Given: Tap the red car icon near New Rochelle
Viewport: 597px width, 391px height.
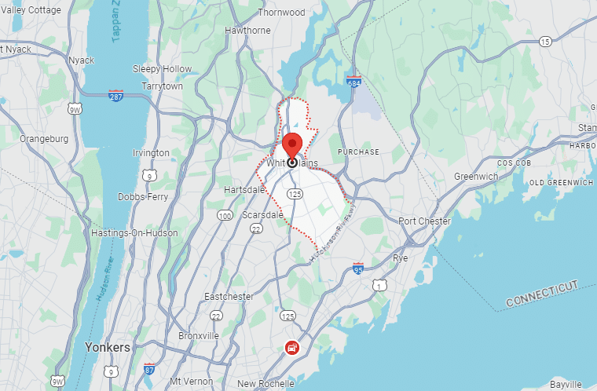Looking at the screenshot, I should point(291,347).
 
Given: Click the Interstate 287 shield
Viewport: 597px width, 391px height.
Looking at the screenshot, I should point(115,95).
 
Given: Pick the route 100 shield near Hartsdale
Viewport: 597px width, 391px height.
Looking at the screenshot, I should point(225,215).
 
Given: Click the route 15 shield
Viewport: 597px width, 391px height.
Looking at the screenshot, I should point(545,41).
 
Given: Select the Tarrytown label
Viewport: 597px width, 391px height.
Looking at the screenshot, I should point(162,86).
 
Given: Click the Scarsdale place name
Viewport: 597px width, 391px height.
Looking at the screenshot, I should point(262,214).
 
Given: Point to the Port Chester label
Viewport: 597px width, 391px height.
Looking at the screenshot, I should point(424,221).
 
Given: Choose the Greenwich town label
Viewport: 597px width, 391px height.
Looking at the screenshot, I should point(476,177).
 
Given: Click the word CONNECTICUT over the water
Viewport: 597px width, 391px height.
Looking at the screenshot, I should point(541,293).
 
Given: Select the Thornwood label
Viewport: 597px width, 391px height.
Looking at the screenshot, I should point(281,13).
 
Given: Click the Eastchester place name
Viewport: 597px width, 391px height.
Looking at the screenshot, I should point(229,297).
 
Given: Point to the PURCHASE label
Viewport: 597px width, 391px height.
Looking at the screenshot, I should point(358,152).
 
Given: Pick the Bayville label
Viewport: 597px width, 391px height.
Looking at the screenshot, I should point(565,384).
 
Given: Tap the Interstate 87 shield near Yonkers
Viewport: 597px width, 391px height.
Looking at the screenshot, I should point(149,368).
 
